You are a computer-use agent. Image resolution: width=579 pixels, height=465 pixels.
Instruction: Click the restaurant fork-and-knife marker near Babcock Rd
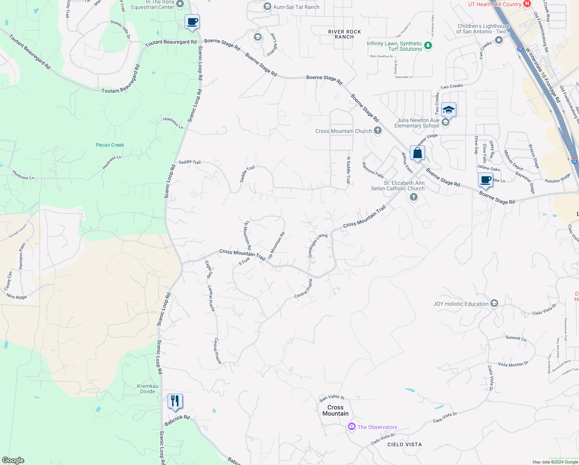click(175, 401)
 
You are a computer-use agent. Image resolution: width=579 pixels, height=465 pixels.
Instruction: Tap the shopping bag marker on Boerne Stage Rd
click(417, 153)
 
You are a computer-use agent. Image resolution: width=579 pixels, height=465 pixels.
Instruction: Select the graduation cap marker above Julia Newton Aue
click(449, 110)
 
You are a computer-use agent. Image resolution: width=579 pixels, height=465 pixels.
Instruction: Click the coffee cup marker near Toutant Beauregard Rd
click(192, 22)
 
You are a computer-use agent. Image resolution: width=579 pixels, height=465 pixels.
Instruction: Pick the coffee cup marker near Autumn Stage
click(485, 180)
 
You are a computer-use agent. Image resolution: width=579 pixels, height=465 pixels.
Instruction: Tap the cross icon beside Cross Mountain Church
click(378, 131)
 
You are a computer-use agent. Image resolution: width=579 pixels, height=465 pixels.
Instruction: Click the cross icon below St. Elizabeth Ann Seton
click(414, 197)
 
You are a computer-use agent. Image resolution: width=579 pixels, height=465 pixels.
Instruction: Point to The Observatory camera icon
click(351, 427)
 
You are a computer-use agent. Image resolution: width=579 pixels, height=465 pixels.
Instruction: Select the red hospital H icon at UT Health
click(527, 4)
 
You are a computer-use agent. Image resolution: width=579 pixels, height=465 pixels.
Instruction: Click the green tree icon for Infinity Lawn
click(428, 46)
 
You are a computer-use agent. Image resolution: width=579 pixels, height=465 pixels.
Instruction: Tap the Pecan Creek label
click(110, 145)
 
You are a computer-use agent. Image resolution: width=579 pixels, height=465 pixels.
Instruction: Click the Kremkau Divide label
click(147, 389)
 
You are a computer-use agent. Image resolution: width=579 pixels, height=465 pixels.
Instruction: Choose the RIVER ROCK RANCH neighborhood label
click(344, 34)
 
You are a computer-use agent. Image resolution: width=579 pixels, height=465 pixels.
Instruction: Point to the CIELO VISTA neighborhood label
click(404, 444)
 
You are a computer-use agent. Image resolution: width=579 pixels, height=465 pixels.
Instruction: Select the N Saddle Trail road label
click(348, 170)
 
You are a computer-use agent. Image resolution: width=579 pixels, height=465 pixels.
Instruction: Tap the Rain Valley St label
click(332, 398)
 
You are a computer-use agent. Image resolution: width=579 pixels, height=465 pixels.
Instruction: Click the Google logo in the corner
click(13, 460)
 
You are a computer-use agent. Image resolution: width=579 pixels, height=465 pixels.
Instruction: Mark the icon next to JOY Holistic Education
click(494, 303)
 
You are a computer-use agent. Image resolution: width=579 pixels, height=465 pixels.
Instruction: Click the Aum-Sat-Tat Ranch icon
click(267, 7)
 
